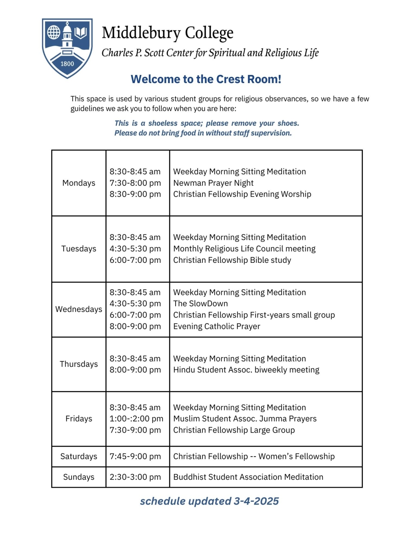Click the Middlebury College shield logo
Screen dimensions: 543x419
(x=67, y=48)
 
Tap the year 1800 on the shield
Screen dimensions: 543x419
(x=67, y=64)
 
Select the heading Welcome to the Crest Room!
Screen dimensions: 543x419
(x=206, y=79)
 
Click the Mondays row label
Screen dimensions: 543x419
(x=79, y=183)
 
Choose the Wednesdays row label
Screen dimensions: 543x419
(x=79, y=309)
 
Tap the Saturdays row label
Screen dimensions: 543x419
(x=79, y=457)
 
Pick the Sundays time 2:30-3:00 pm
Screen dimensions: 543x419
(x=135, y=477)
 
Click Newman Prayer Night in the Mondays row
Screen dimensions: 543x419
(x=213, y=183)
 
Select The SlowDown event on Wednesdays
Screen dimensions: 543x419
(x=200, y=303)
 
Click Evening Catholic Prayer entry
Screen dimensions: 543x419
(x=217, y=326)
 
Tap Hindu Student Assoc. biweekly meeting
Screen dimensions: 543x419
(x=246, y=370)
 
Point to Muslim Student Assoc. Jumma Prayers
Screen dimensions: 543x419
(x=245, y=419)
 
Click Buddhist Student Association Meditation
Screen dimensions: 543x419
(x=248, y=477)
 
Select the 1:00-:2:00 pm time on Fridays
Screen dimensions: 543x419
(x=136, y=419)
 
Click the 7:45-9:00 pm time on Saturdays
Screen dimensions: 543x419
(x=135, y=457)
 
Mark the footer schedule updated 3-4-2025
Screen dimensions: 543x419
(x=209, y=501)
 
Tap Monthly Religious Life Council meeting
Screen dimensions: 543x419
(x=244, y=249)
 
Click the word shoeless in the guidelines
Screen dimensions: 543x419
(x=163, y=123)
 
